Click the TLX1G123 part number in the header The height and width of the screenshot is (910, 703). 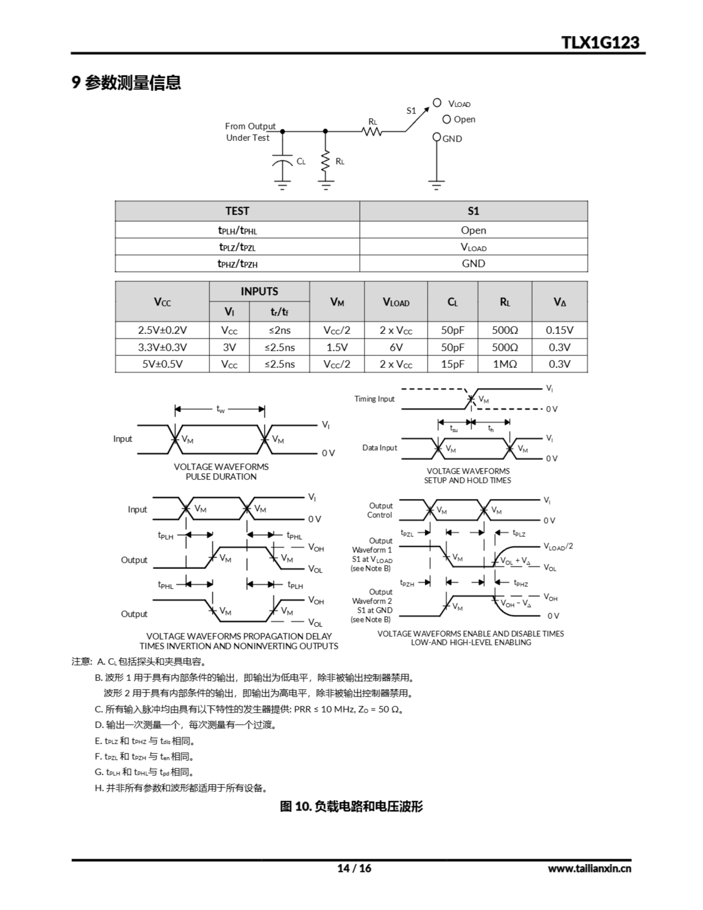coord(600,43)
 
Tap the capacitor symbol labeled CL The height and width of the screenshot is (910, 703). coord(282,161)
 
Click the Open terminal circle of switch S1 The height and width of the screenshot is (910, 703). coord(446,119)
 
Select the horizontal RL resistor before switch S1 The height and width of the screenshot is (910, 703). coord(372,132)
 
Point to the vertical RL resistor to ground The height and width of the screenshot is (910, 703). coord(326,161)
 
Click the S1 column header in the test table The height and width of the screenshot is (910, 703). coord(473,211)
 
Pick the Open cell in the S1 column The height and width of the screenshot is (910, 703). coord(473,230)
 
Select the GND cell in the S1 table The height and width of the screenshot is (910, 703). coord(473,263)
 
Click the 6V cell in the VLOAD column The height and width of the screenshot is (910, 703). coord(396,347)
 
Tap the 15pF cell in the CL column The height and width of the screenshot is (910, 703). coord(452,364)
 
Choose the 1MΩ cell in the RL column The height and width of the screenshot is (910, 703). coord(505,364)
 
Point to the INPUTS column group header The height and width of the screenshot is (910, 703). coord(259,291)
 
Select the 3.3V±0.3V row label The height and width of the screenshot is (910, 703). coord(162,347)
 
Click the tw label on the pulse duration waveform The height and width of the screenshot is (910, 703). coord(220,409)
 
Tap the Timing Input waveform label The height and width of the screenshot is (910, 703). coord(374,399)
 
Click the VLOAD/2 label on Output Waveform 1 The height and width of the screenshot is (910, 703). coord(558,546)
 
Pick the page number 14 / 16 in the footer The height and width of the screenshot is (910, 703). coord(354,868)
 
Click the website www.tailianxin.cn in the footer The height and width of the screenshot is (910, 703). coord(589,868)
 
